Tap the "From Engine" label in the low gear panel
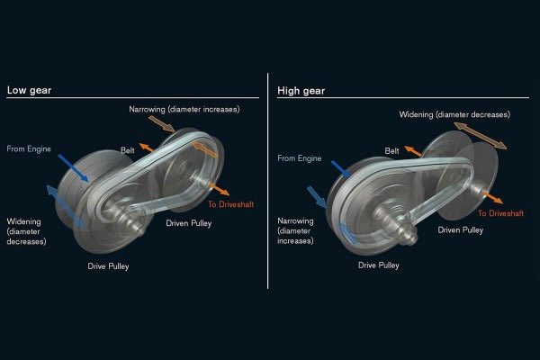(x=30, y=148)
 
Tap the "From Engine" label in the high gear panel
(x=299, y=157)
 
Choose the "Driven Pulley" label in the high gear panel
(x=460, y=230)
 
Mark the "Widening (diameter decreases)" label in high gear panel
(x=454, y=114)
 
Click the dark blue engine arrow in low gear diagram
(x=74, y=167)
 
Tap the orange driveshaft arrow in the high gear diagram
(x=491, y=197)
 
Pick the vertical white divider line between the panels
(x=268, y=180)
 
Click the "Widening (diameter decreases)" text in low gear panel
(x=27, y=230)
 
